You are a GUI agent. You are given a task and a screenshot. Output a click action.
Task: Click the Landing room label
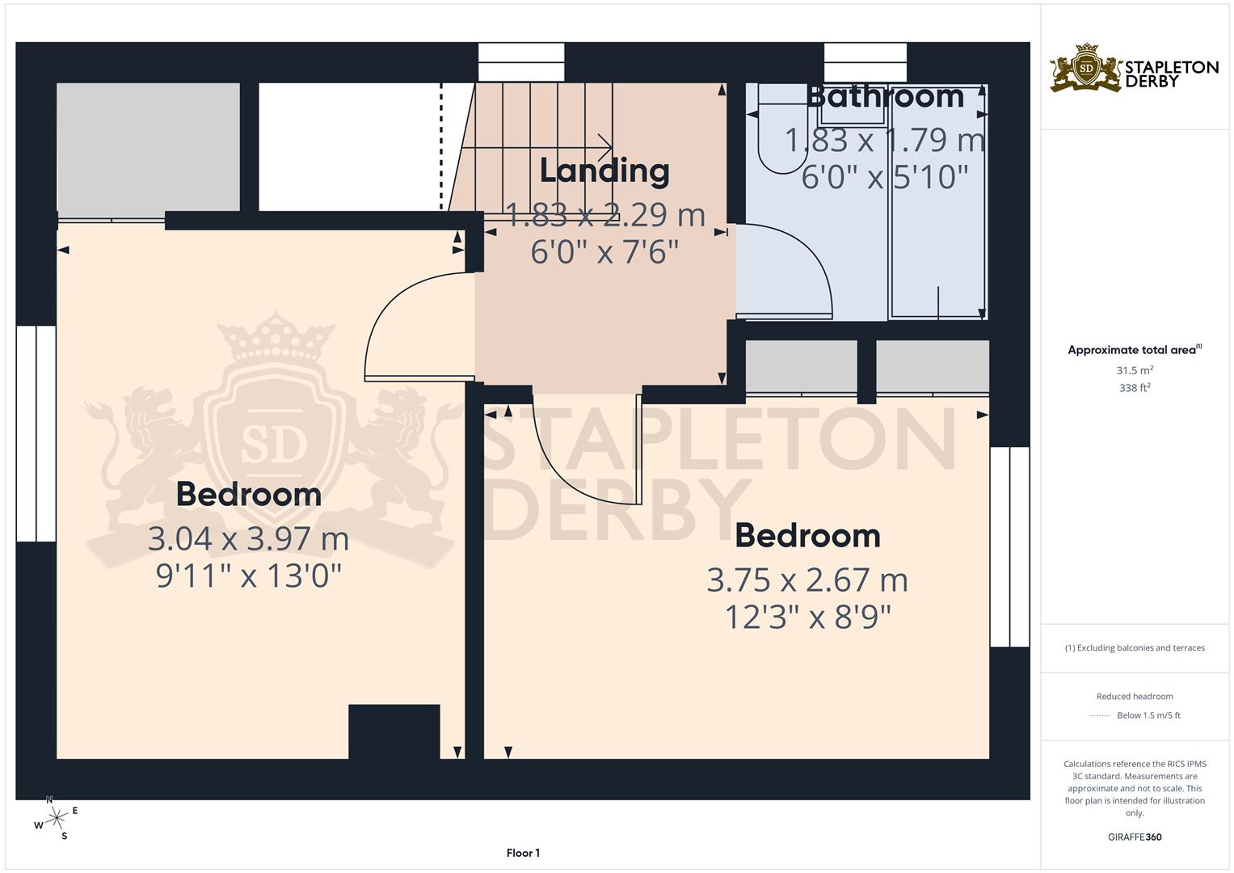point(604,171)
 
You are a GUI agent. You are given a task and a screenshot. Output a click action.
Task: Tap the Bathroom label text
point(885,96)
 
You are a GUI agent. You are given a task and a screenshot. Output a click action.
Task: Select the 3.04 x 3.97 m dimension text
point(248,538)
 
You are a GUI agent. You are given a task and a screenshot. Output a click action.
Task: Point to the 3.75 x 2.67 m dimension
point(807,580)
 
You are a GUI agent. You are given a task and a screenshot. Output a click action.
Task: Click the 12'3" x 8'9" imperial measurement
point(807,618)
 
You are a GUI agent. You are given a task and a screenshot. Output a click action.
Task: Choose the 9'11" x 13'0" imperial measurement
point(248,576)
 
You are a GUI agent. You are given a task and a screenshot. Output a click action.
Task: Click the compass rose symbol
point(56,818)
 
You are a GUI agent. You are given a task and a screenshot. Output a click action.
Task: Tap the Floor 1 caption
point(523,853)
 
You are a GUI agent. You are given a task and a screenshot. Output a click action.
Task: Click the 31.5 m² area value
point(1135,370)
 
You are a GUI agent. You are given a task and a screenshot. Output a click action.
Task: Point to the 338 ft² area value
point(1135,388)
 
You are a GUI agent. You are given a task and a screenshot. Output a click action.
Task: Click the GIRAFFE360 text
point(1135,837)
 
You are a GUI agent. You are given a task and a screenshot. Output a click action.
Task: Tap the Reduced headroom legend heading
point(1135,696)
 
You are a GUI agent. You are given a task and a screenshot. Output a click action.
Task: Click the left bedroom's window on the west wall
point(36,433)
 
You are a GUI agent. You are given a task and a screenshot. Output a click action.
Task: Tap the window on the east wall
point(1010,546)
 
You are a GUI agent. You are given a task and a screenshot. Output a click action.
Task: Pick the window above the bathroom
point(865,62)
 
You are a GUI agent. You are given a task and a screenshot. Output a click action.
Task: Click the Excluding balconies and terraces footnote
point(1135,647)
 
